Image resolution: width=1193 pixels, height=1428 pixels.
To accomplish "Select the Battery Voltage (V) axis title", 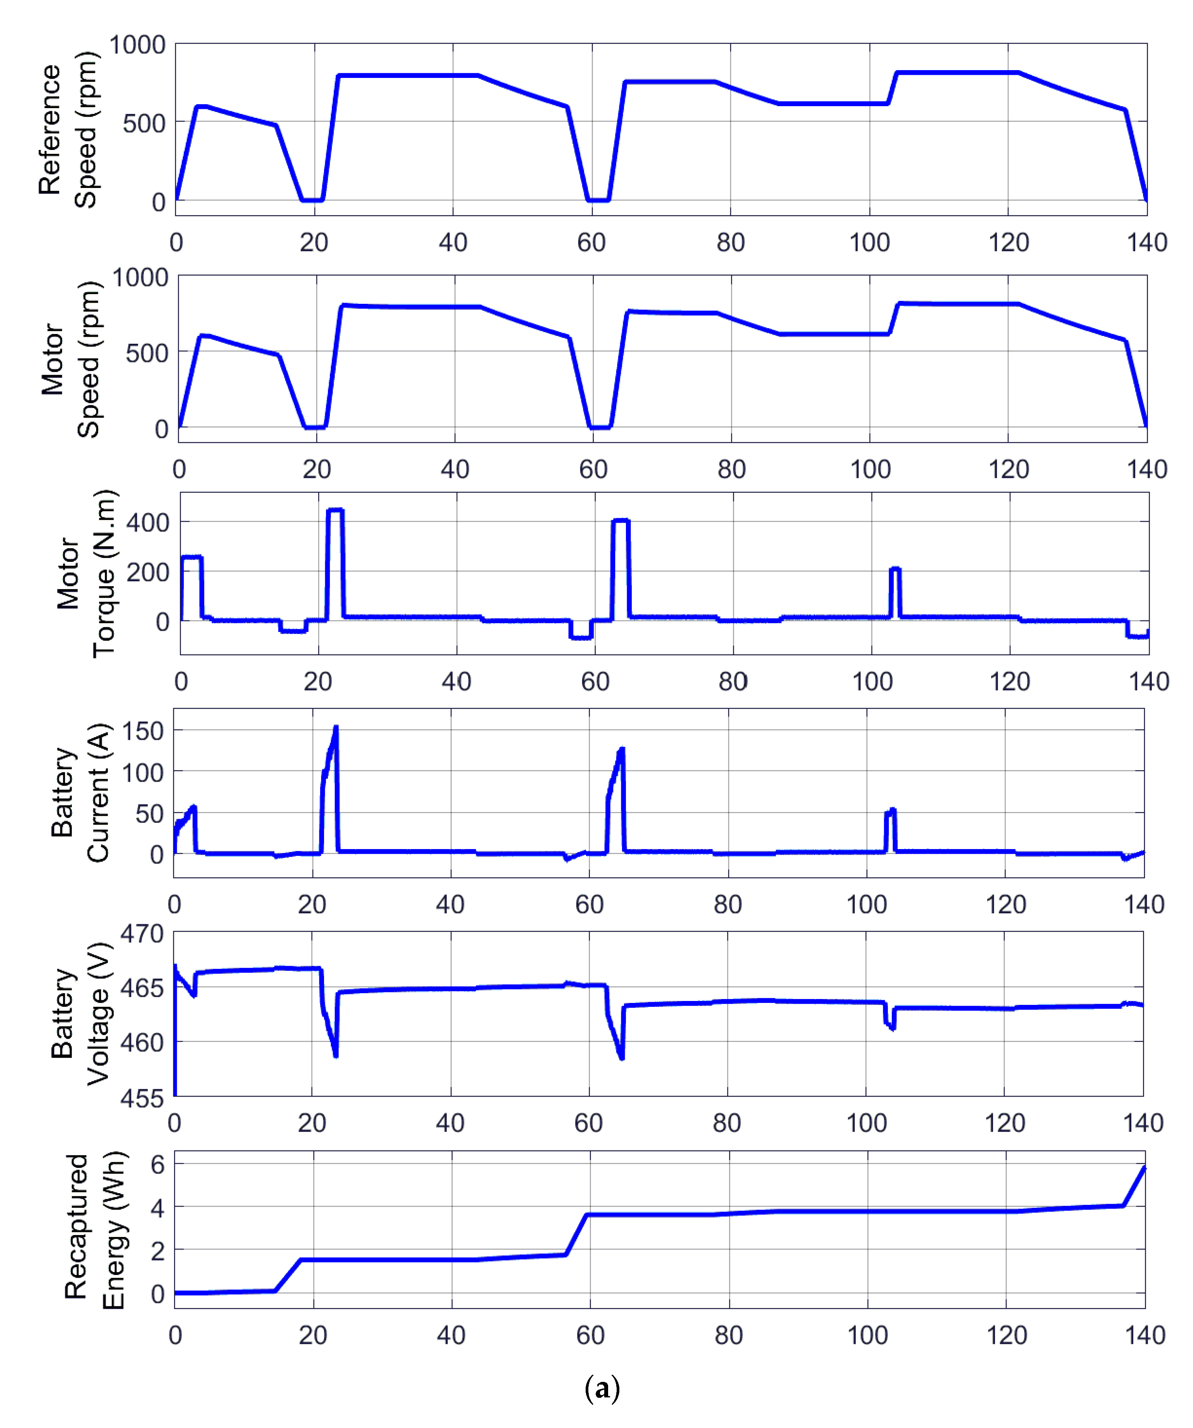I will point(80,1013).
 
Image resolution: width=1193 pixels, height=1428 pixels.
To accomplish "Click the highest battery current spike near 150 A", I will point(335,728).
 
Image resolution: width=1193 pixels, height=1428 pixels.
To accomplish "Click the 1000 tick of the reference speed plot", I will point(137,45).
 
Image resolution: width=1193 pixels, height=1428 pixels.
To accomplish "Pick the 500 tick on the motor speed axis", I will point(146,353).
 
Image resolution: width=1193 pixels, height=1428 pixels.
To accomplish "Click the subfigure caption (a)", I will point(602,1388).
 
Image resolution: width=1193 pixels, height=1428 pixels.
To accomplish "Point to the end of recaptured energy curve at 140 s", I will point(1145,1168).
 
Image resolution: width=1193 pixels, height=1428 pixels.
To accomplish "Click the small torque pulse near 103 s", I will point(895,569).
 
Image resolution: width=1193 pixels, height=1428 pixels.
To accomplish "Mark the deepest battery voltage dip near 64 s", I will point(621,1057).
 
